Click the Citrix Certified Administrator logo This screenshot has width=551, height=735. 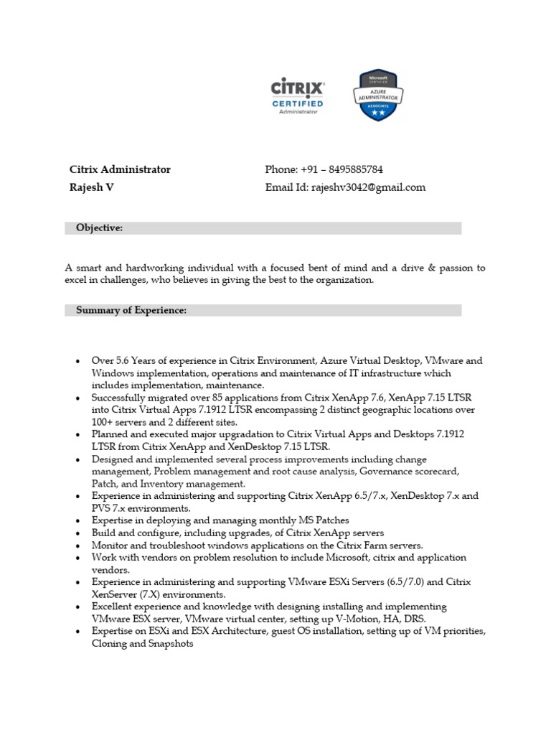click(297, 96)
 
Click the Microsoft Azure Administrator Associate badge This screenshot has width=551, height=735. click(377, 95)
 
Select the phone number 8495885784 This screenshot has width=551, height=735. click(356, 170)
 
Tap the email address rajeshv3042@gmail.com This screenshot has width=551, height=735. click(368, 188)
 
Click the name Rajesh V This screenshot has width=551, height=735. click(91, 188)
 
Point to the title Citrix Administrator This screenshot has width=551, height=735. click(120, 170)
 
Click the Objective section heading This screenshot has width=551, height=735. click(99, 228)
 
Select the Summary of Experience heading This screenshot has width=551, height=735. click(131, 310)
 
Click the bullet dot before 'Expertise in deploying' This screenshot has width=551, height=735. click(77, 520)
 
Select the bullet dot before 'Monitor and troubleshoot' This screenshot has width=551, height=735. click(77, 546)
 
